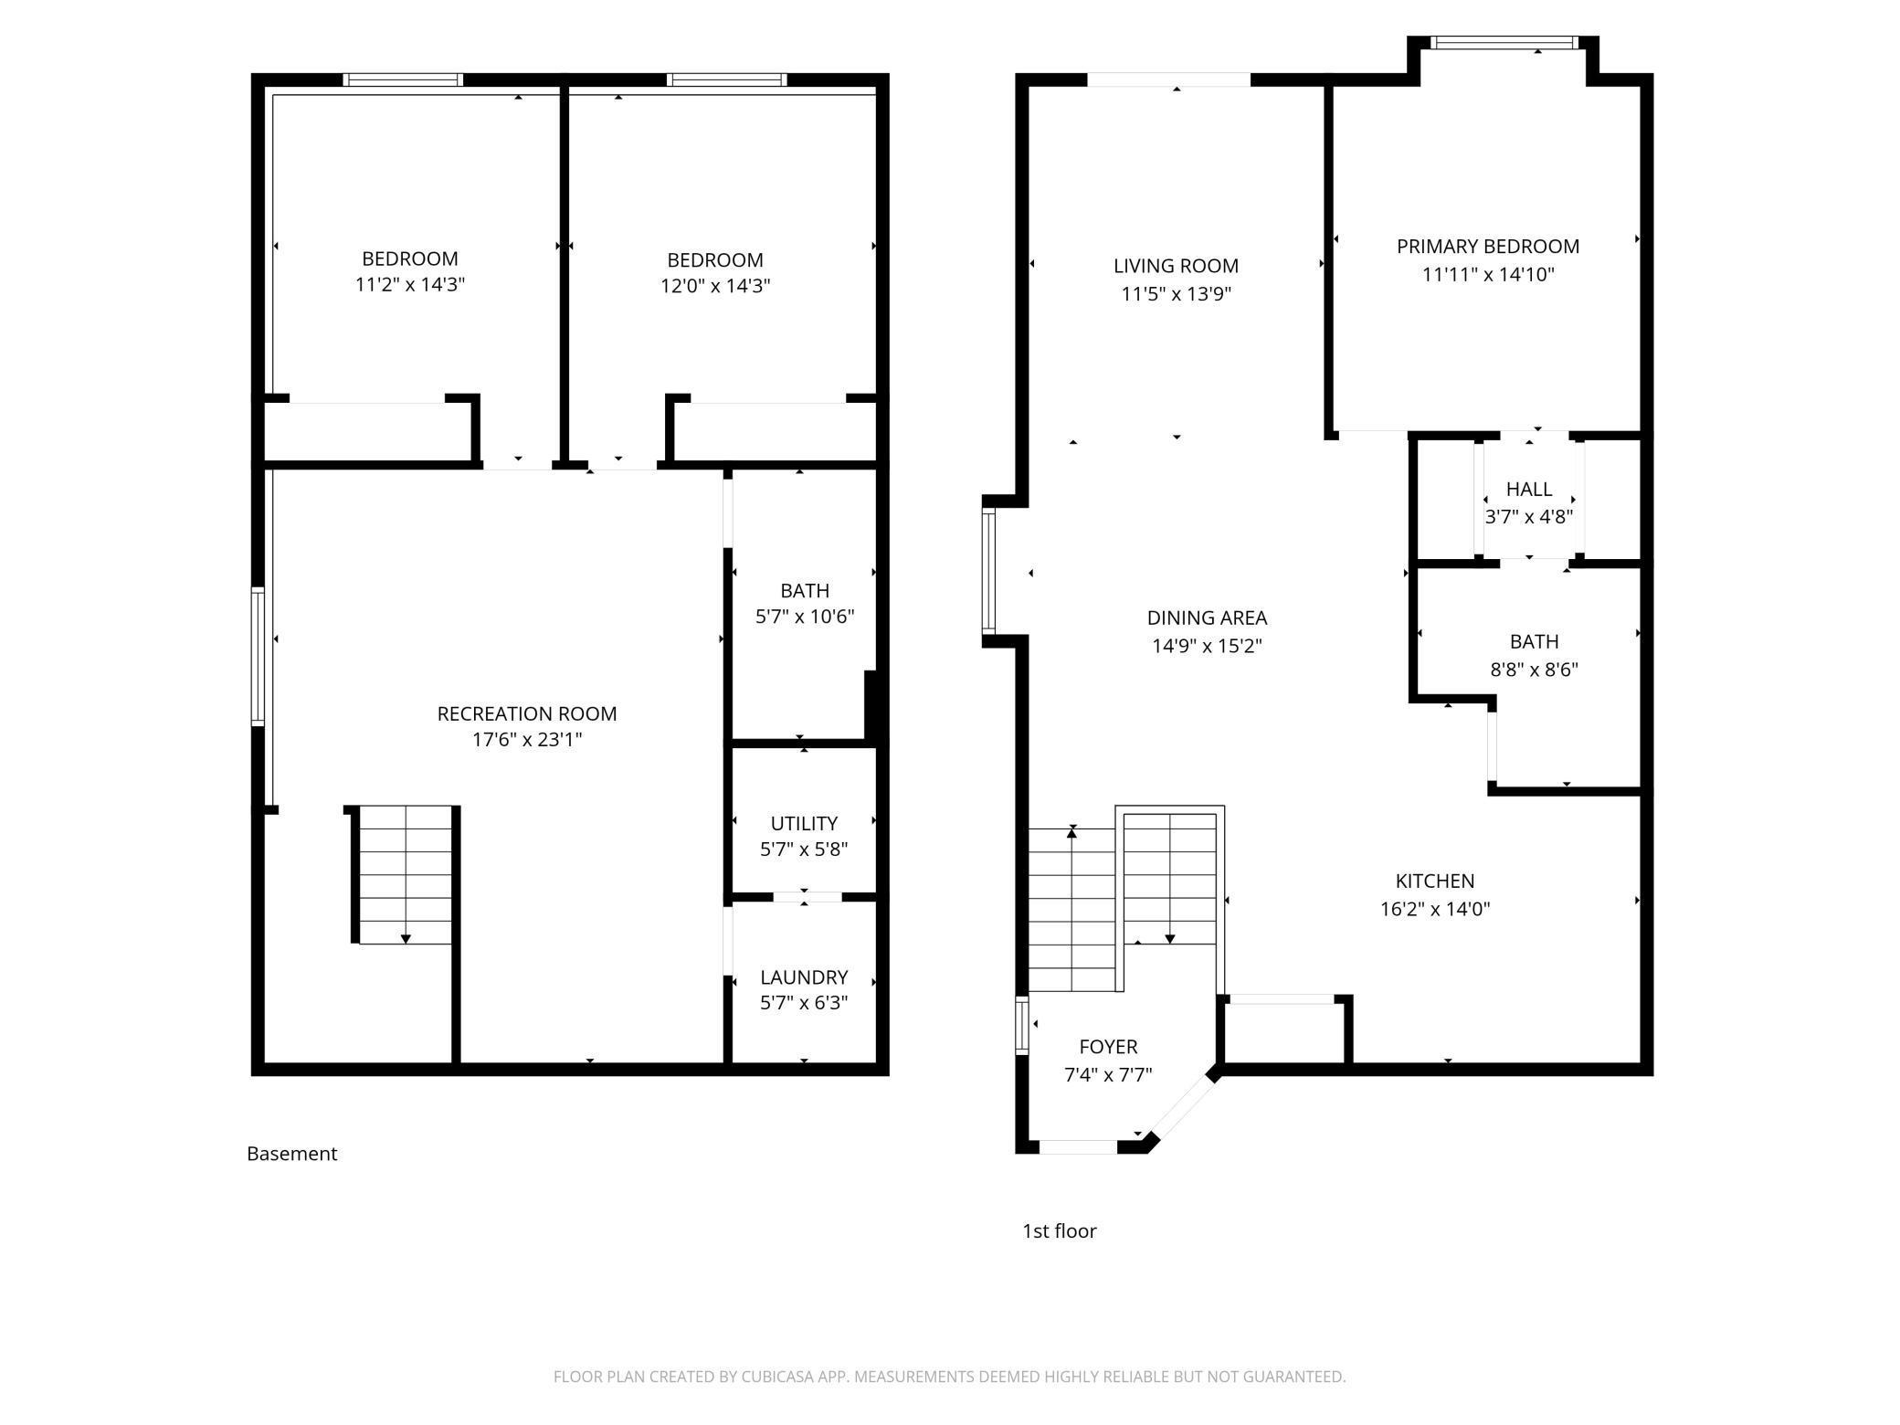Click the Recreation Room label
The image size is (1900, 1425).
coord(527,713)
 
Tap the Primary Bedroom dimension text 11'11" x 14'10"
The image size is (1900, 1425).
coord(1488,274)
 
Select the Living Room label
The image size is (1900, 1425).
coord(1177,266)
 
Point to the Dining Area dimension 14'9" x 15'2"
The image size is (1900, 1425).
coord(1207,646)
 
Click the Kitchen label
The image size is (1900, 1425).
coord(1435,881)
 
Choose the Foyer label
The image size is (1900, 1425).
coord(1108,1047)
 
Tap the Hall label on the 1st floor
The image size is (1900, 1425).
coord(1529,490)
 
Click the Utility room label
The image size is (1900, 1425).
coord(804,823)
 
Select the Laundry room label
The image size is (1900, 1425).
coord(804,977)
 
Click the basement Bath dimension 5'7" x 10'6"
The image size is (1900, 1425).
coord(805,617)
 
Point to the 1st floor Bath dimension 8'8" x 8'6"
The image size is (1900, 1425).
coord(1535,670)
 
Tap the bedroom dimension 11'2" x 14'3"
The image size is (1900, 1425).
coord(410,285)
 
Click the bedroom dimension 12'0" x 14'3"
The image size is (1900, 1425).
coord(715,286)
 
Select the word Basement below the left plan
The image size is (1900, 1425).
coord(292,1154)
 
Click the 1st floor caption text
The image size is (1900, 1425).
coord(1060,1231)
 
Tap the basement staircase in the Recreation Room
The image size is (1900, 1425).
coord(403,875)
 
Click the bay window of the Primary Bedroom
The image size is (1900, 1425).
coord(1504,43)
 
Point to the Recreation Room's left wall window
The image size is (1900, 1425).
coord(259,657)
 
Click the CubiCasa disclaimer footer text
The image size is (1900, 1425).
coord(950,1377)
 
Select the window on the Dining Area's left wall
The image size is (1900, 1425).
coord(988,572)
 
